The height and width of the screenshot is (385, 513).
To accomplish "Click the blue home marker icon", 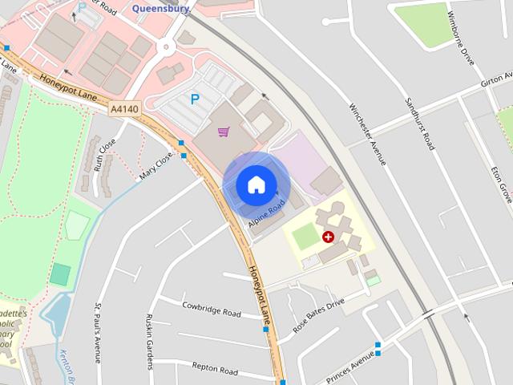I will (256, 184).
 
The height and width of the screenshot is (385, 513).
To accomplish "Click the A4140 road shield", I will (125, 108).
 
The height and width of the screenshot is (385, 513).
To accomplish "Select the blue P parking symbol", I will (194, 99).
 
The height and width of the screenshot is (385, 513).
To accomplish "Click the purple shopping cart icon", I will (224, 132).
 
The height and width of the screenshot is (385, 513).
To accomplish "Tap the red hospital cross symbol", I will (328, 237).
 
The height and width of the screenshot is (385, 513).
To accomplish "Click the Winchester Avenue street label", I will (368, 134).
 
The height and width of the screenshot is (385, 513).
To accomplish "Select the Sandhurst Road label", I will (419, 124).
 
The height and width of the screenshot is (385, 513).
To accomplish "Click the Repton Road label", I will (215, 371).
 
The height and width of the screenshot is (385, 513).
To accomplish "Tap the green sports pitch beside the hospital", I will (305, 237).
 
